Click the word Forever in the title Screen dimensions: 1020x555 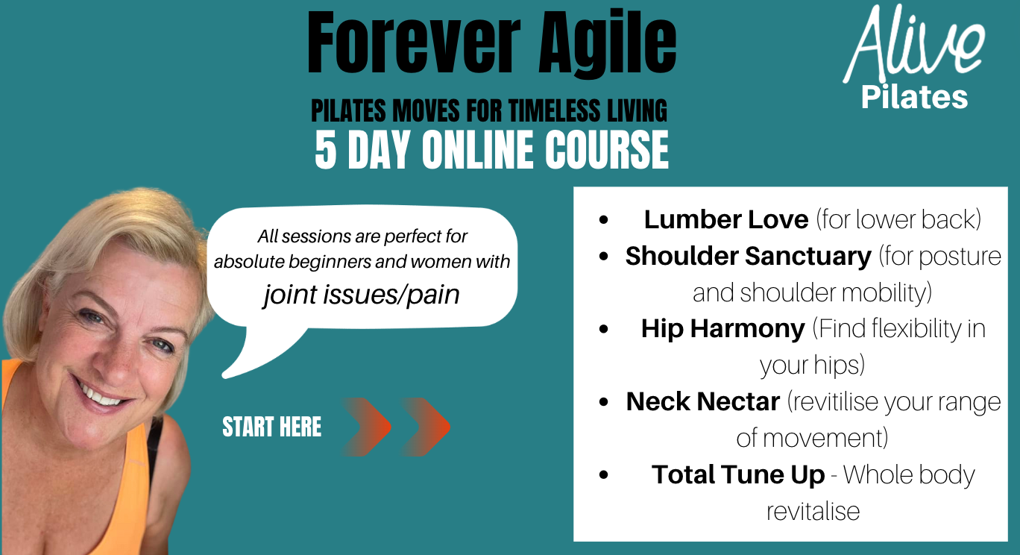pyautogui.click(x=414, y=43)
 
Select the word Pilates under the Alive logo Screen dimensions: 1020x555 pyautogui.click(x=914, y=97)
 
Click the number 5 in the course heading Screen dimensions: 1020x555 pyautogui.click(x=326, y=150)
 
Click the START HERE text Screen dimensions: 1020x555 pyautogui.click(x=272, y=427)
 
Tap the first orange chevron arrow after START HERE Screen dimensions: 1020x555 pyautogui.click(x=367, y=427)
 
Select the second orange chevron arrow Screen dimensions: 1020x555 pyautogui.click(x=426, y=427)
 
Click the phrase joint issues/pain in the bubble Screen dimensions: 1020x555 pyautogui.click(x=362, y=294)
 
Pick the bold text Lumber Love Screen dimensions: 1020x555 pyautogui.click(x=725, y=219)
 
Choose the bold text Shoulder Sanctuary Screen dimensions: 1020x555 pyautogui.click(x=748, y=256)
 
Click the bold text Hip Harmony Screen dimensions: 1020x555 pyautogui.click(x=722, y=329)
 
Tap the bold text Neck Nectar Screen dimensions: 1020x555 pyautogui.click(x=702, y=401)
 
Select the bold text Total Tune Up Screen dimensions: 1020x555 pyautogui.click(x=738, y=474)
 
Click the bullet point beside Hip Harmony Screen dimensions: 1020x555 pyautogui.click(x=604, y=329)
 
